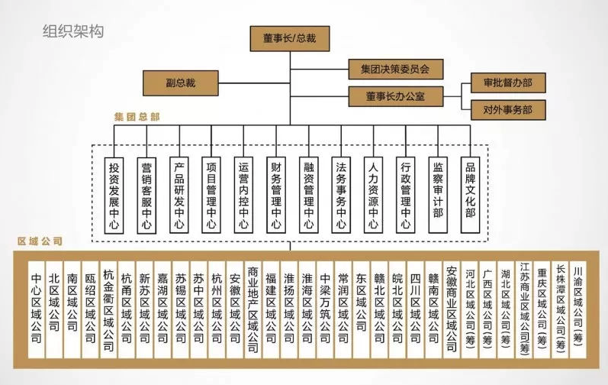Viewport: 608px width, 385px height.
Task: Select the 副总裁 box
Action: click(x=181, y=82)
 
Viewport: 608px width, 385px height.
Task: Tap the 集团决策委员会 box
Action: click(x=395, y=70)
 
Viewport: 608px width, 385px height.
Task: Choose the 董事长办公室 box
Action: click(x=395, y=96)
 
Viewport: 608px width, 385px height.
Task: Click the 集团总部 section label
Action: click(x=137, y=118)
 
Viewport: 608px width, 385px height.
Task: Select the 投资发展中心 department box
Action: click(x=114, y=196)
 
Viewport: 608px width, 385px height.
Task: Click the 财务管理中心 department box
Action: click(x=276, y=196)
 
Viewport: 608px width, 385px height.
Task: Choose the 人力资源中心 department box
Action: click(x=373, y=196)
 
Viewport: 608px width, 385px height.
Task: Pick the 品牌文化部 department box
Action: click(x=471, y=196)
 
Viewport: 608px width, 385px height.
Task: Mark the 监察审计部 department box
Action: click(x=438, y=196)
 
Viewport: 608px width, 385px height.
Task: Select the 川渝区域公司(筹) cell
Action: click(x=578, y=302)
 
